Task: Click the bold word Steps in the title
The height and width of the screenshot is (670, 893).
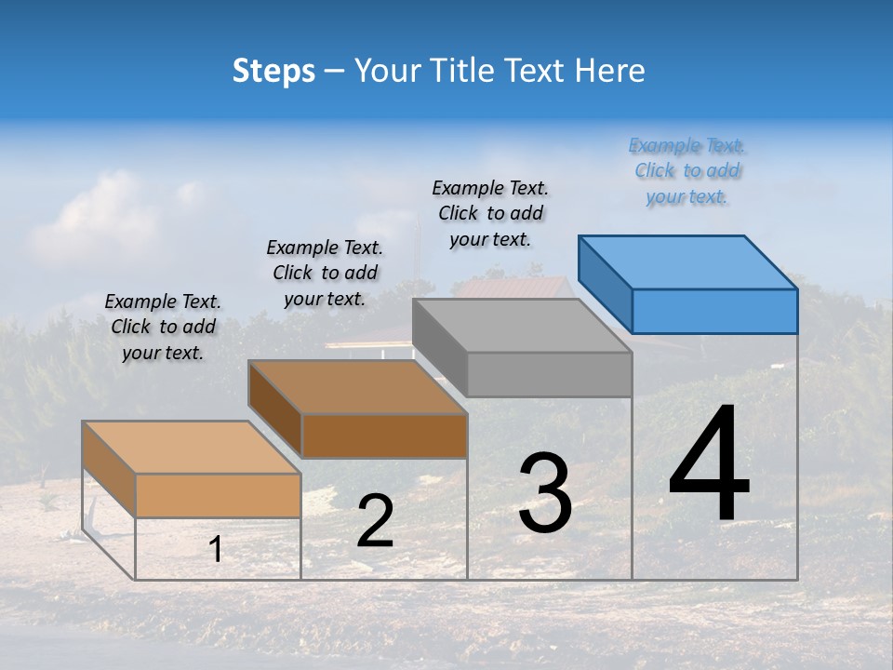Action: tap(273, 71)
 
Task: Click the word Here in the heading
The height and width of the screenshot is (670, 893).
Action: tap(609, 71)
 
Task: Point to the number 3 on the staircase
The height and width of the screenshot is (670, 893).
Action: tap(545, 492)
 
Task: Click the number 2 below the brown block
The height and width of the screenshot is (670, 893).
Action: tap(375, 521)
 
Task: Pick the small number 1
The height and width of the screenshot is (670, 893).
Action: tap(215, 550)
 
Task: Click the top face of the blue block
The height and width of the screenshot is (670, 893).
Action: tap(688, 262)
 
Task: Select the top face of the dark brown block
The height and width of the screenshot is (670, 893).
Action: tap(357, 387)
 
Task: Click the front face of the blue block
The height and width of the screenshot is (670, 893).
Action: tap(714, 311)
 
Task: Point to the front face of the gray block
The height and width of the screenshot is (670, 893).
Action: tap(549, 375)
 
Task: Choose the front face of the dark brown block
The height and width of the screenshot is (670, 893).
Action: tap(384, 435)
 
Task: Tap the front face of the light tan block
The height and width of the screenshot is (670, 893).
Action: tap(219, 495)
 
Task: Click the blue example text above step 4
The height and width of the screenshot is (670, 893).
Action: tap(686, 171)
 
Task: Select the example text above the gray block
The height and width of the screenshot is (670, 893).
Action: tap(490, 214)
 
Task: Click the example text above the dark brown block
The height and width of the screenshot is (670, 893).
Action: tap(325, 273)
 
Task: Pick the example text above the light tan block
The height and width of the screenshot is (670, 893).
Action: tap(163, 327)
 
